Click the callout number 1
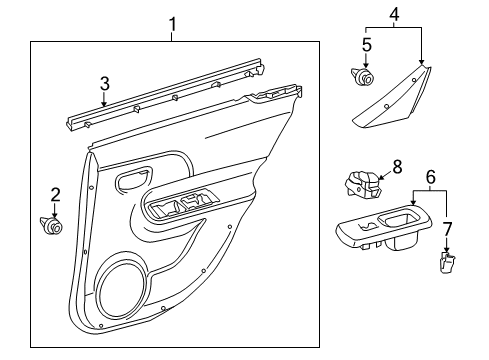172,22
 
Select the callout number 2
55,195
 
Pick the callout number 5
366,45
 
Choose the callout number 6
432,177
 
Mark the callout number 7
448,229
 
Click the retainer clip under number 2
53,227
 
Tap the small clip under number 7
446,262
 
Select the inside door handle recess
130,181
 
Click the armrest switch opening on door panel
180,207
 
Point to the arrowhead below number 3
103,102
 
